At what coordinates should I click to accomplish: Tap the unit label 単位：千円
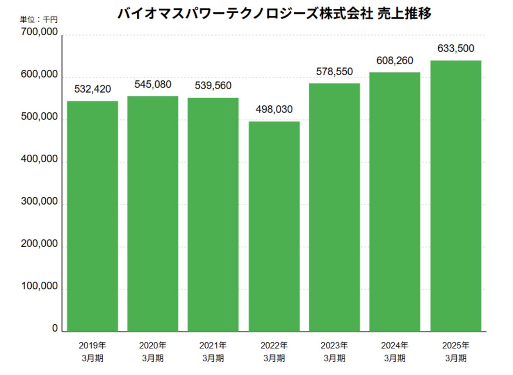click(x=39, y=19)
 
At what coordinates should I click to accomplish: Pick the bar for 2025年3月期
click(x=456, y=196)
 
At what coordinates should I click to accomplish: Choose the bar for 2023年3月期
click(x=335, y=207)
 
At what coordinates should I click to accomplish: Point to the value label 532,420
click(x=92, y=89)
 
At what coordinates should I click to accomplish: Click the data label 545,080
click(x=153, y=84)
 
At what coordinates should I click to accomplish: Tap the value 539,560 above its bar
click(x=213, y=86)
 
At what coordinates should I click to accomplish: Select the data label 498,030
click(x=274, y=110)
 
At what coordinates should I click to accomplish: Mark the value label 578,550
click(x=335, y=71)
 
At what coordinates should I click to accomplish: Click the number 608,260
click(x=395, y=60)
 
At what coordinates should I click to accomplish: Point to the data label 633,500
click(x=456, y=49)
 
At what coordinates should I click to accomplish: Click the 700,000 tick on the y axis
click(x=39, y=33)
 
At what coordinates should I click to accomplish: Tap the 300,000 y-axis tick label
click(x=39, y=202)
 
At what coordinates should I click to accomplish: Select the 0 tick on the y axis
click(x=55, y=329)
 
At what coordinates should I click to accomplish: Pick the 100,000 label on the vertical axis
click(x=39, y=287)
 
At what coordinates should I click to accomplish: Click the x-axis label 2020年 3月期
click(x=153, y=351)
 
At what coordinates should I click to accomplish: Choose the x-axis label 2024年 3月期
click(x=395, y=351)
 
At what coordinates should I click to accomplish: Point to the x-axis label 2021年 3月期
click(x=213, y=351)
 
